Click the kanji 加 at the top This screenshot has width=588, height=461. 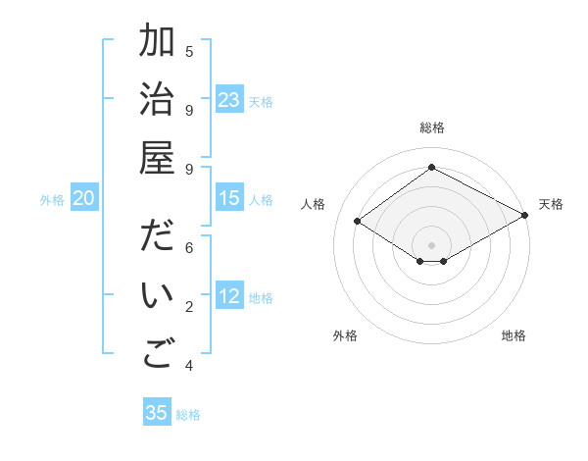point(157,44)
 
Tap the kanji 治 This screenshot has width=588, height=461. point(157,102)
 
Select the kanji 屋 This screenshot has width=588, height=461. point(157,160)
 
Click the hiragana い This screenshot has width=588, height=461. point(157,297)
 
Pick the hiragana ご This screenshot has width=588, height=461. point(157,355)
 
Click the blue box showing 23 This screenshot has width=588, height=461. point(229,100)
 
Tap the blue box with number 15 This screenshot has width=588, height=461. point(229,198)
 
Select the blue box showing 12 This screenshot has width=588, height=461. point(229,296)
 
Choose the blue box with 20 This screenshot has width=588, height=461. point(84,198)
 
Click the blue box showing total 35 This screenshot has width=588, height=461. point(157,413)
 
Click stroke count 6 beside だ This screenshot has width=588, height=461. point(189,248)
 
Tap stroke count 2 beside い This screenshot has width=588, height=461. point(189,307)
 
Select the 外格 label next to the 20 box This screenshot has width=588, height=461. point(52,200)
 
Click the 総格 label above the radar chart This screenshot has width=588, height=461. point(432,128)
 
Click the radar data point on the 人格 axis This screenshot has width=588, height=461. point(358,222)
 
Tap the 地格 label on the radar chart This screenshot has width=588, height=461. point(514,336)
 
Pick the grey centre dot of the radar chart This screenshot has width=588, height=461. point(432,243)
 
